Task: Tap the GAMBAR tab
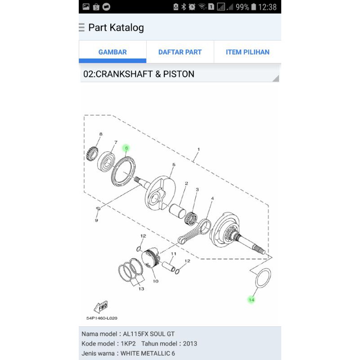tap(112, 52)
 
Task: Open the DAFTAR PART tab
tap(180, 52)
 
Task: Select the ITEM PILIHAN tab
tap(247, 52)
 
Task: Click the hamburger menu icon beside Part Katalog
tap(81, 28)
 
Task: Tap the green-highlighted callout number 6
tap(126, 148)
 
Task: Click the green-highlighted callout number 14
tap(251, 300)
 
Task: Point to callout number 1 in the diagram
tap(198, 149)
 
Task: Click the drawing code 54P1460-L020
tap(102, 318)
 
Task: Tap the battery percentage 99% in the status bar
tap(242, 7)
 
